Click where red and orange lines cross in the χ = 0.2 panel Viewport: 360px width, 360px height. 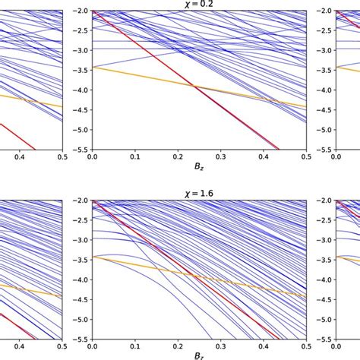click(x=194, y=87)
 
